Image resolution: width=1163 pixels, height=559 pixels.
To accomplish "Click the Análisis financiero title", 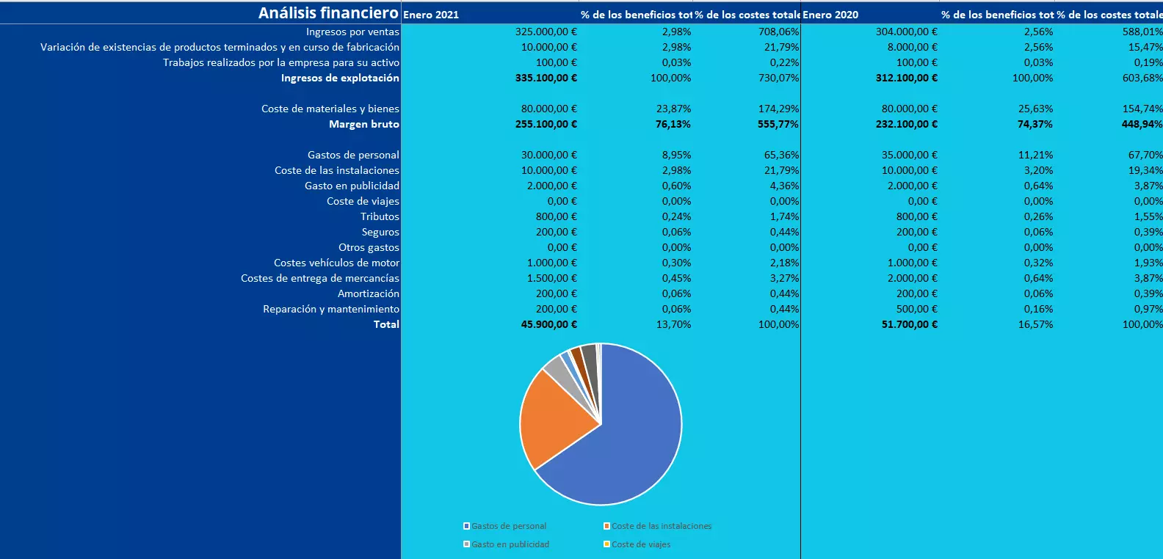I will click(x=328, y=12).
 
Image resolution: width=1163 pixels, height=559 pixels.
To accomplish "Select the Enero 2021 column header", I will click(x=431, y=15).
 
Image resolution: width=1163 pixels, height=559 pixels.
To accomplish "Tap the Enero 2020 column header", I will click(x=830, y=15).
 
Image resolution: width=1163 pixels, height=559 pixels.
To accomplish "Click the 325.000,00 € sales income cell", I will click(x=546, y=32).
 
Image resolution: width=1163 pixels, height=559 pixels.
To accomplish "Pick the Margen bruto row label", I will click(x=363, y=124).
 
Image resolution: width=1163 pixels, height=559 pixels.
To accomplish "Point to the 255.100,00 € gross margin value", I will click(x=546, y=124).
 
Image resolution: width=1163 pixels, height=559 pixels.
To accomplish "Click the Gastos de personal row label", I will click(x=353, y=155).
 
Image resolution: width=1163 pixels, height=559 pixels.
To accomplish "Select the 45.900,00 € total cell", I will click(x=548, y=324).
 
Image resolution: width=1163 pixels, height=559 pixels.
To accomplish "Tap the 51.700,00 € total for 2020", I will click(x=909, y=324).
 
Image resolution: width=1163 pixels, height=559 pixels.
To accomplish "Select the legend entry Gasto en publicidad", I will click(x=510, y=544).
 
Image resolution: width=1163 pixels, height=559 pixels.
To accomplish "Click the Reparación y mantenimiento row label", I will click(x=331, y=309).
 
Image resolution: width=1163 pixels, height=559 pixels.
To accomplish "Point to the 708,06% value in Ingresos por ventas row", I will click(x=778, y=32).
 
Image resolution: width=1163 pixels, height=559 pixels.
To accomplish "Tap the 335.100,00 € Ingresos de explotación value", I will click(x=546, y=78).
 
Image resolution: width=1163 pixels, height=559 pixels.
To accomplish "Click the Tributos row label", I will click(x=380, y=216).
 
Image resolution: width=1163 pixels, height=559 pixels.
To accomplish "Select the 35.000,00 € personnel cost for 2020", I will click(x=909, y=155).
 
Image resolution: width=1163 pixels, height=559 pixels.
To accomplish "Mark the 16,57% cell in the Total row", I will click(x=1035, y=324).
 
